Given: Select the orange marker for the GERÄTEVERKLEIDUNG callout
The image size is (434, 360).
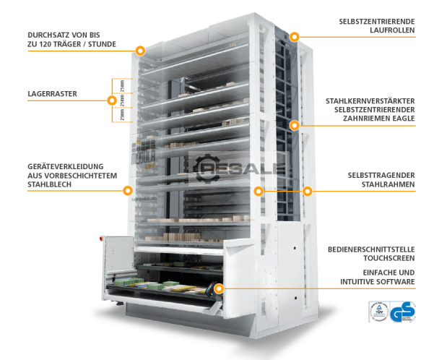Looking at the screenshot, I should click(128, 191).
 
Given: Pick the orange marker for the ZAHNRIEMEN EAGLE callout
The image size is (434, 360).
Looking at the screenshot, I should click(294, 125).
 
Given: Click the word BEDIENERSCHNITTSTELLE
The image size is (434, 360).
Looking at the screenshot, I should click(370, 249).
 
